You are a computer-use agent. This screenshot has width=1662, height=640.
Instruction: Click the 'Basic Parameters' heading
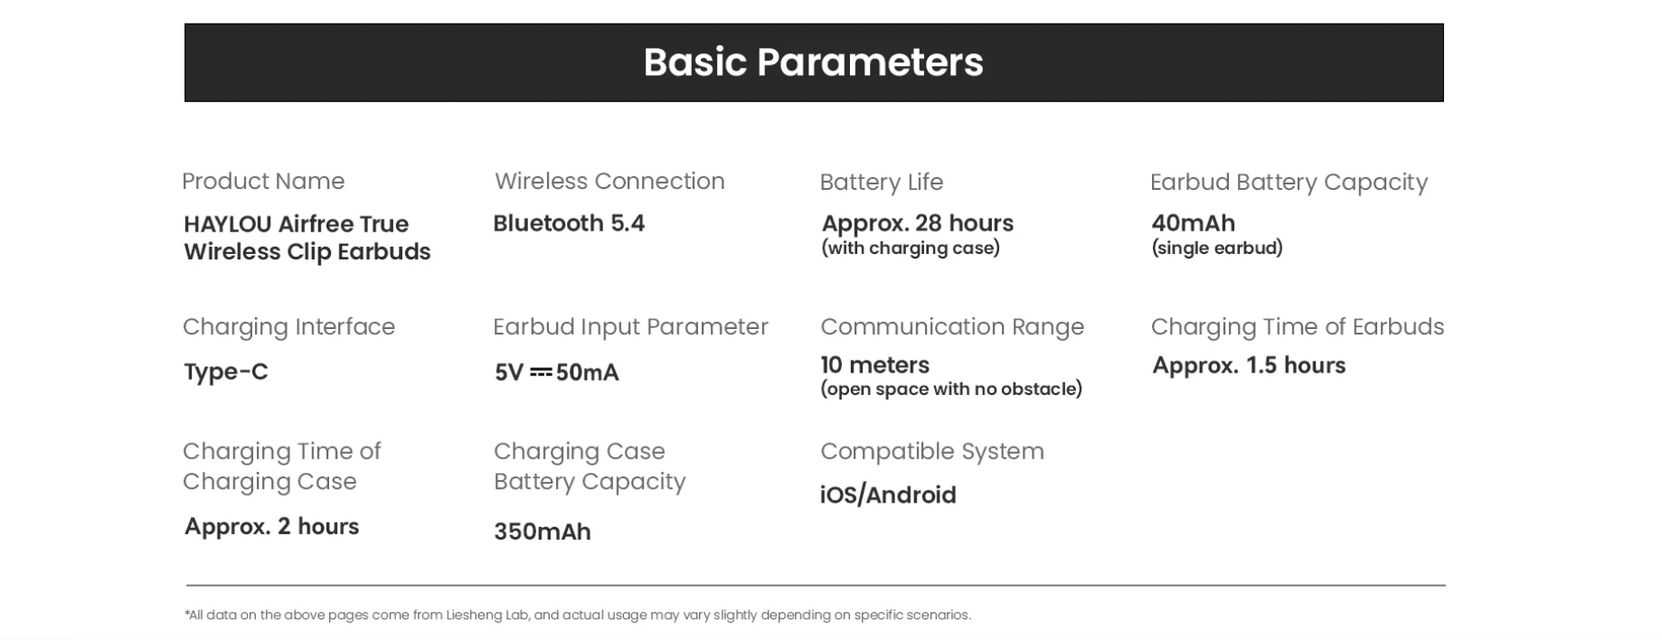pos(813,62)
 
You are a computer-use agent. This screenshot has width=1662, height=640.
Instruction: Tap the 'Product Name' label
pos(263,181)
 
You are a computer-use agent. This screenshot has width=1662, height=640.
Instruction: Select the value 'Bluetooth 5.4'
pos(569,223)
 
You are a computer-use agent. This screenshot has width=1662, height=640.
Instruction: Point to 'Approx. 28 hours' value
pos(918,223)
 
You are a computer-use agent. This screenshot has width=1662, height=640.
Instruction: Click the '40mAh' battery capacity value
pos(1193,223)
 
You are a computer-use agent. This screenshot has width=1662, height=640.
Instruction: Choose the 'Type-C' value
pos(226,372)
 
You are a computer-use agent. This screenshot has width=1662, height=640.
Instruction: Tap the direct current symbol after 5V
pos(541,372)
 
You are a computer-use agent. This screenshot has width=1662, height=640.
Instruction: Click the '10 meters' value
pos(874,365)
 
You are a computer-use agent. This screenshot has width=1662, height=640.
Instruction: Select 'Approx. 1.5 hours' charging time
pos(1249,365)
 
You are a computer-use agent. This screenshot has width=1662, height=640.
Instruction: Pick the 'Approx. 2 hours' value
pos(271,526)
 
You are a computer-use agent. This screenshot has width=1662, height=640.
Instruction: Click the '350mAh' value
pos(543,532)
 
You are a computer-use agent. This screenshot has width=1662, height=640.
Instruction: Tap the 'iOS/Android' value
pos(888,495)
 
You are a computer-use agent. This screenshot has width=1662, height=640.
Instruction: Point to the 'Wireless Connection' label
pos(609,181)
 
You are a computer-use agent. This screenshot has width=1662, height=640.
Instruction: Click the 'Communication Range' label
pos(952,326)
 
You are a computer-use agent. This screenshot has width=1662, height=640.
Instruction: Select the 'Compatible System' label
pos(932,451)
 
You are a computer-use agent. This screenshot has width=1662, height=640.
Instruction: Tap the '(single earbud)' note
pos(1217,248)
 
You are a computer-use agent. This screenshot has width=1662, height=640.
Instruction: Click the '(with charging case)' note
pos(911,248)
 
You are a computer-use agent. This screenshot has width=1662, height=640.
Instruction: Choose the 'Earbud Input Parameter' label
pos(630,326)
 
